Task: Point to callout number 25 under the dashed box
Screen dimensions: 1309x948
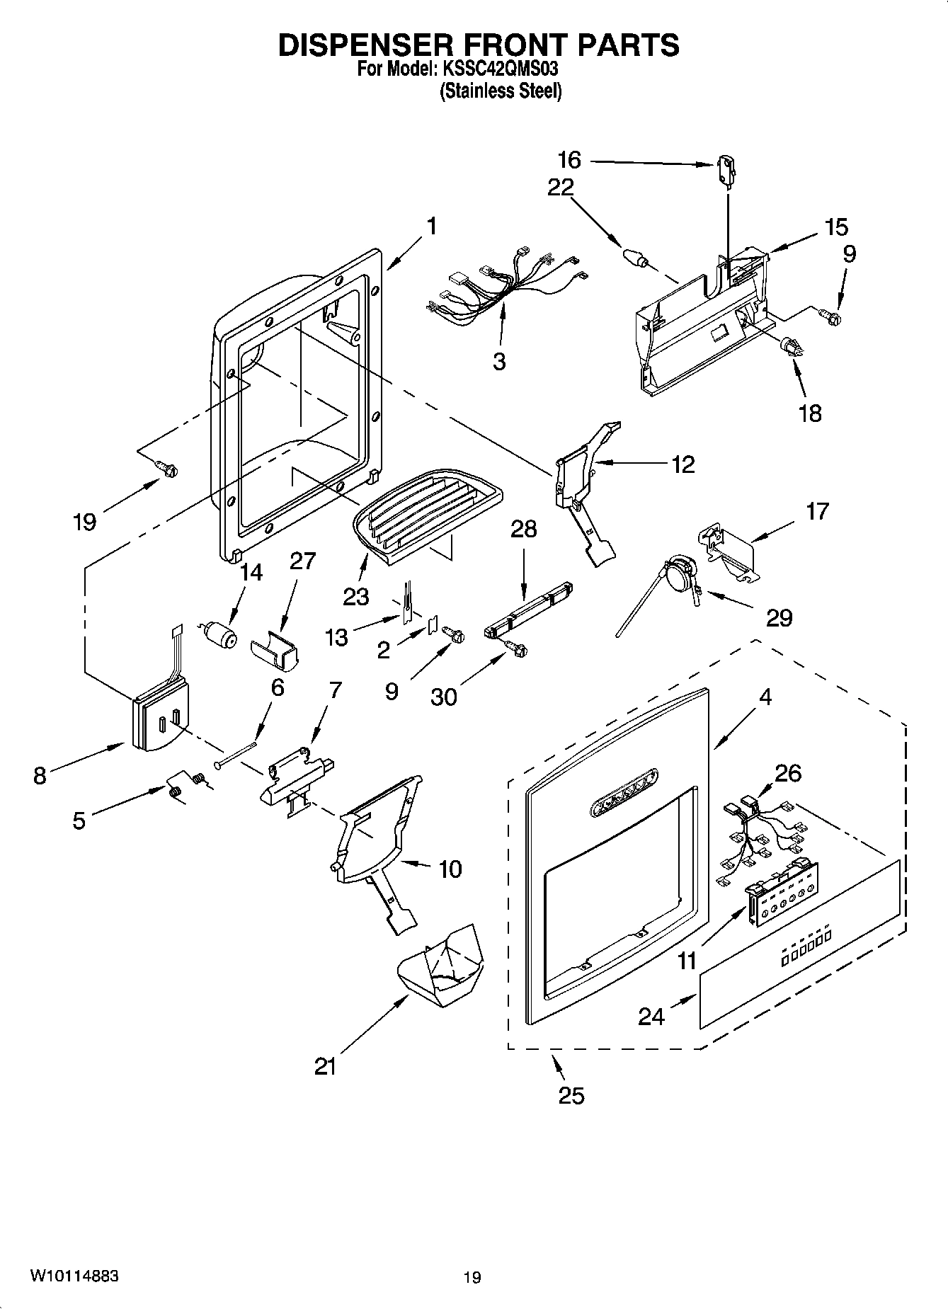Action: click(571, 1094)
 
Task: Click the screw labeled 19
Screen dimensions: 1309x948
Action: click(167, 468)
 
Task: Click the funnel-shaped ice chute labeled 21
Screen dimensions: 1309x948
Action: click(443, 965)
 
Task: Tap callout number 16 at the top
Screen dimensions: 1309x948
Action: click(569, 160)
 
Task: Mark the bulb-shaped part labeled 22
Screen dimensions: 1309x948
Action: click(635, 257)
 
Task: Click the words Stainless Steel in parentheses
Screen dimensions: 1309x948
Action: click(500, 91)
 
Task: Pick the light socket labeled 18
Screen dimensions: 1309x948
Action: click(791, 347)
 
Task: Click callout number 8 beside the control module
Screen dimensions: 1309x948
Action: click(40, 776)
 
